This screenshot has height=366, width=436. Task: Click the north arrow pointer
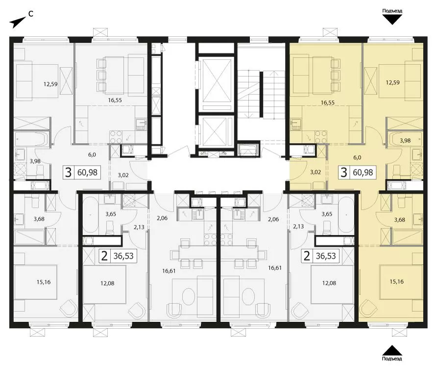click(17, 23)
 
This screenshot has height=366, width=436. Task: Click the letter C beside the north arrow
click(31, 14)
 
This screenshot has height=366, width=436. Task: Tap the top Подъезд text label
click(392, 11)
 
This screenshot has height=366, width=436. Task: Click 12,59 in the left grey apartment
click(50, 83)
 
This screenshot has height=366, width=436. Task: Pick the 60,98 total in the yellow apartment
click(363, 172)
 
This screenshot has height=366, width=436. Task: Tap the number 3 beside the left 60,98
click(68, 172)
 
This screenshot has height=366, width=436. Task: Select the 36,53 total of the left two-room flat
click(123, 256)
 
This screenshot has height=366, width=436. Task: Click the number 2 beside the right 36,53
click(307, 256)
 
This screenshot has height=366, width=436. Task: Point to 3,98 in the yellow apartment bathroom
click(405, 141)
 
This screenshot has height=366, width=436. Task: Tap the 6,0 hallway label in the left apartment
click(92, 154)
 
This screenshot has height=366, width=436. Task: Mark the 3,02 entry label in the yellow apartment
click(315, 172)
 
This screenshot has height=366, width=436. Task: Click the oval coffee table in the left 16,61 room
click(189, 297)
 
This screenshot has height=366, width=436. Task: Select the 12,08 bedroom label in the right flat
click(329, 283)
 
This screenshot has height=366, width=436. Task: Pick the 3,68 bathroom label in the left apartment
click(39, 219)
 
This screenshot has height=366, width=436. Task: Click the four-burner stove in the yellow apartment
click(320, 137)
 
